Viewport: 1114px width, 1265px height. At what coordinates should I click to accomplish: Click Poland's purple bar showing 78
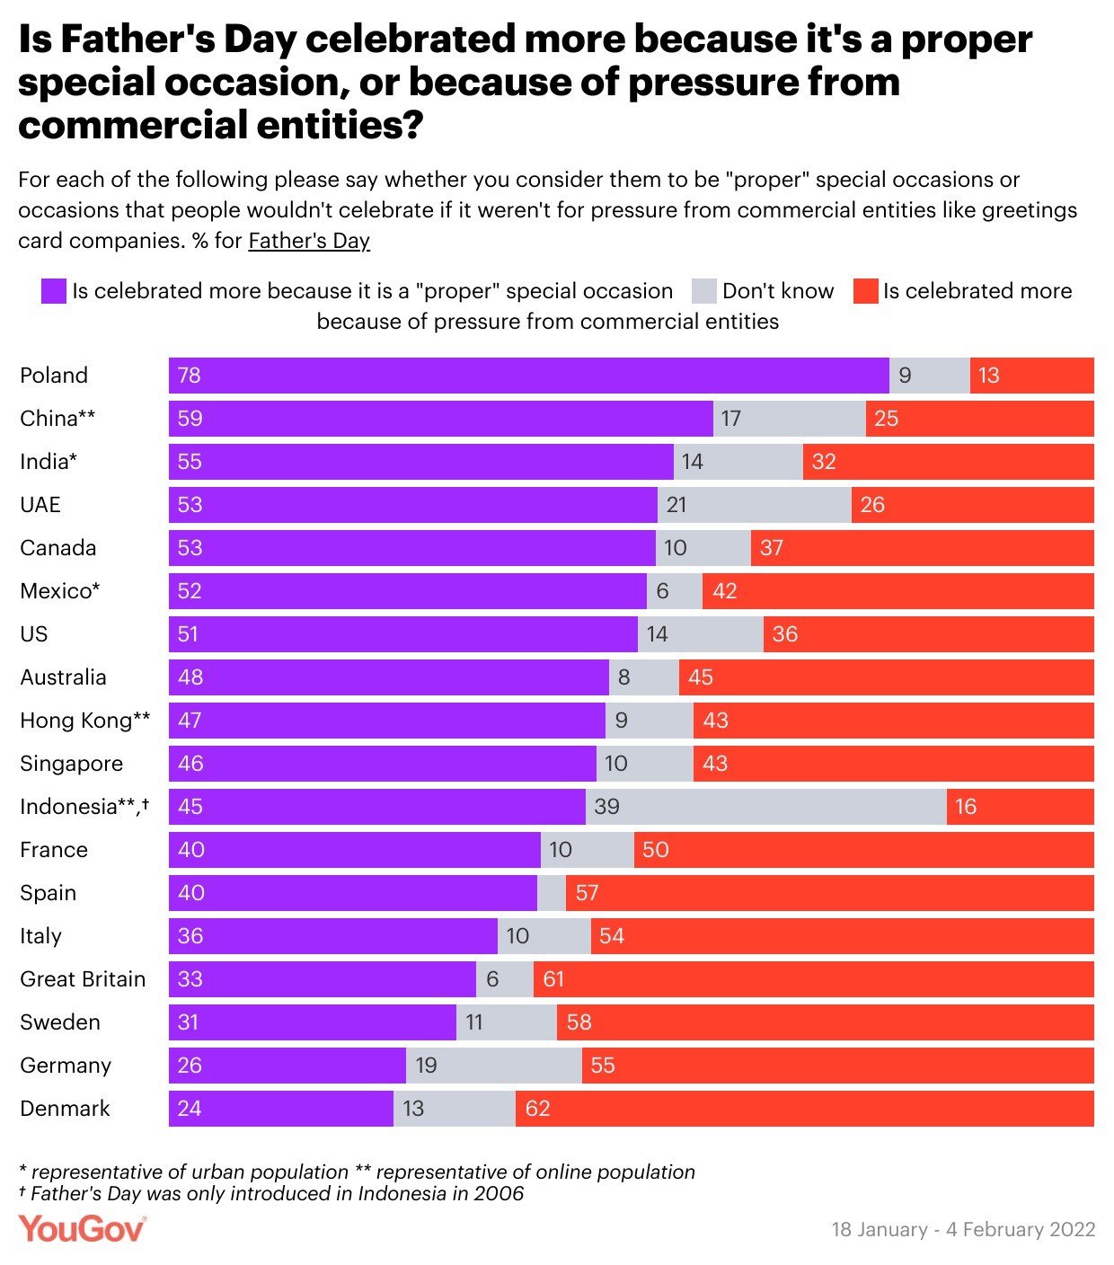[x=528, y=376]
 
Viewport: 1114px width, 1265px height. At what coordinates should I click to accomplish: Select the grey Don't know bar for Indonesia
[x=765, y=807]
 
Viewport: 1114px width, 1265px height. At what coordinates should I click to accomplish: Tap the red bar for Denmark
[x=804, y=1109]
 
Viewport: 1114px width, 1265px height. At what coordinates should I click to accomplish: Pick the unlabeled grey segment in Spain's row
[x=552, y=893]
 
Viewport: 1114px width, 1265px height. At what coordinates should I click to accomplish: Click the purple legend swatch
[x=54, y=291]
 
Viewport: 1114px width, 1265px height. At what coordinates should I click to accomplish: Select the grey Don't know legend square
[x=704, y=291]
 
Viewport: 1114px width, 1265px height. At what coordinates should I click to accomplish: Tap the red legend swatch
[x=865, y=291]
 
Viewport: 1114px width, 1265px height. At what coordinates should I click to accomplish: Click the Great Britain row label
[x=83, y=979]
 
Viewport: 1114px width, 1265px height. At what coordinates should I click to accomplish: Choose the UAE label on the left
[x=40, y=505]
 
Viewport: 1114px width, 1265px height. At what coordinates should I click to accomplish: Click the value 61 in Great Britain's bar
[x=553, y=979]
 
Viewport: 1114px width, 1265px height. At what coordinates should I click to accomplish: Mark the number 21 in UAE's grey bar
[x=676, y=505]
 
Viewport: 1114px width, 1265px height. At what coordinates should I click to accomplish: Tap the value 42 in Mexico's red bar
[x=724, y=591]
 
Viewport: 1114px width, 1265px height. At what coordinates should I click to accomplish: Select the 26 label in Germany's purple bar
[x=190, y=1066]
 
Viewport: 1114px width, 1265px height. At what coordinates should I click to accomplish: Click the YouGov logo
[x=82, y=1228]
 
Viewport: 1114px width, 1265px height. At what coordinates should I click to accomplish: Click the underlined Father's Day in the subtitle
[x=309, y=241]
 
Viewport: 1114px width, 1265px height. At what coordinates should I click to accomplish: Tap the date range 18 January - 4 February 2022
[x=963, y=1230]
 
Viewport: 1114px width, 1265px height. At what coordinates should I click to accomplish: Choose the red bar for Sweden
[x=825, y=1022]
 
